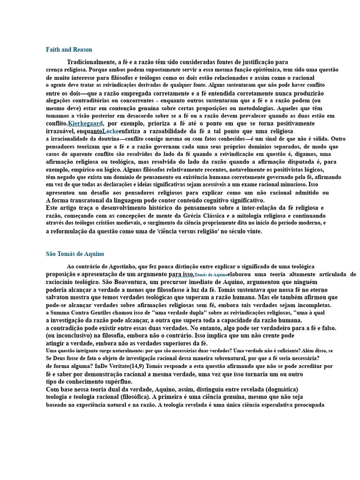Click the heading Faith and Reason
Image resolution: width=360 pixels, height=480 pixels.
[x=69, y=50]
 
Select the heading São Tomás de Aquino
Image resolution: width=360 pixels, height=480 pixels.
[x=75, y=254]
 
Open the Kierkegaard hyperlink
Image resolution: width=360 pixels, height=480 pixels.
[x=85, y=123]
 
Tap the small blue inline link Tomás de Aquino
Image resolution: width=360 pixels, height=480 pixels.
[x=211, y=275]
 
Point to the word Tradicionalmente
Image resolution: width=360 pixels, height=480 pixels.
[x=91, y=62]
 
